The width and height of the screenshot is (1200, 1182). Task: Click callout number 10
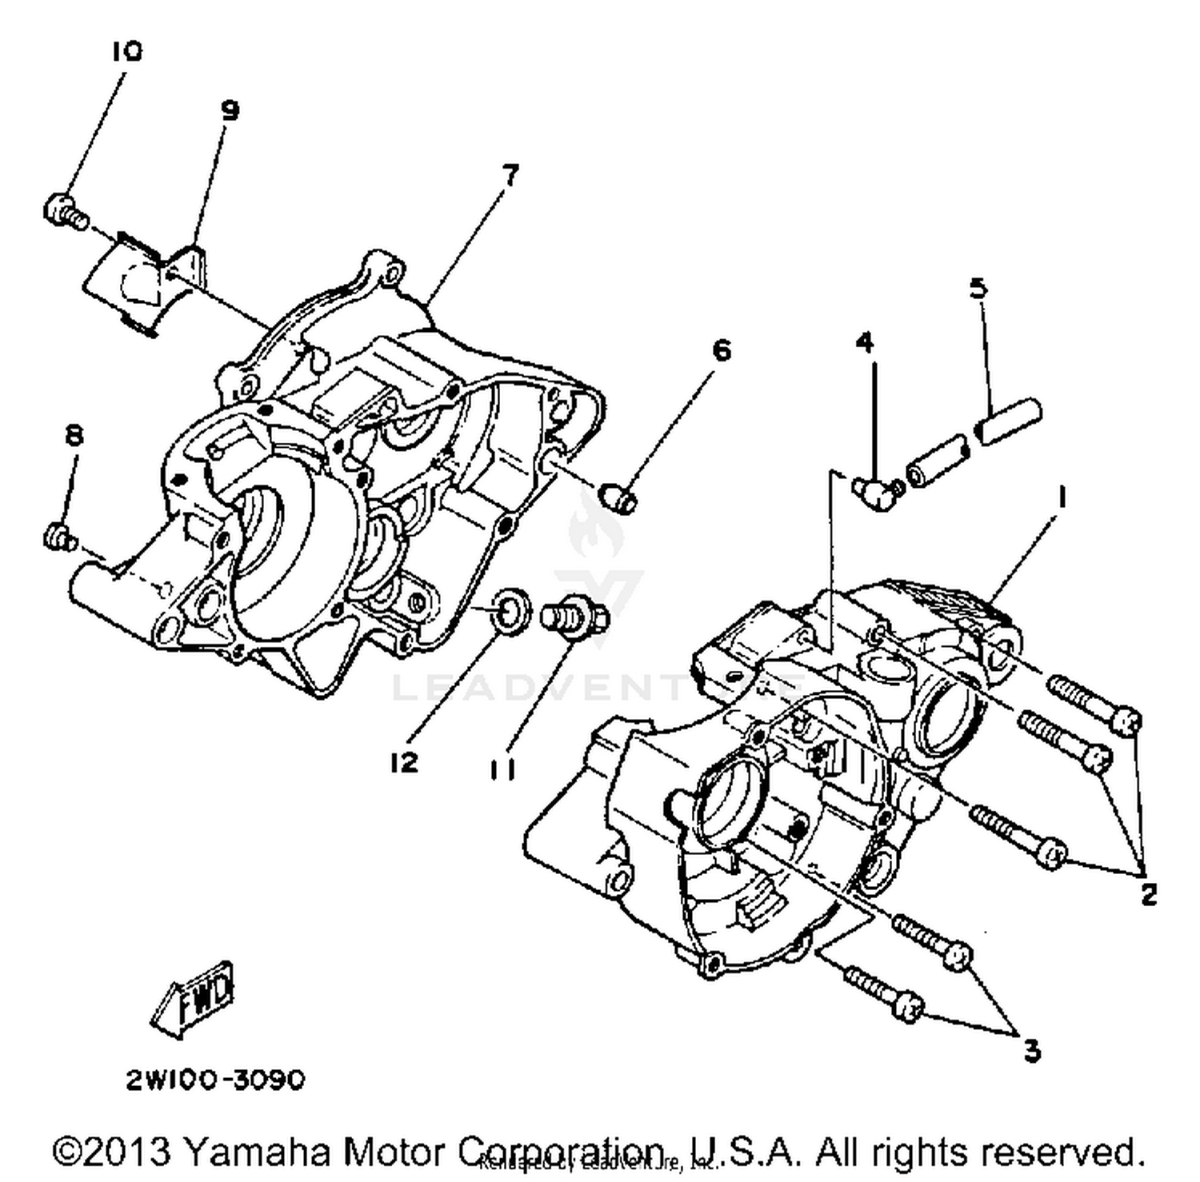[x=126, y=52]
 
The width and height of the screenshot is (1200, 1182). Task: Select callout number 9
[x=230, y=110]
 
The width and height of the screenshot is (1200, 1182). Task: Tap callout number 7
[x=510, y=174]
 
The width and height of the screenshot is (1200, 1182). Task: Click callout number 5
[x=978, y=287]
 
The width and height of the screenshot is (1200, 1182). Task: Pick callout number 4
[x=864, y=342]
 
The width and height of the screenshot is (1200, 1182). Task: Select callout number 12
[x=405, y=762]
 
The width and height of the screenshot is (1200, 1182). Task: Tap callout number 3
[x=1032, y=1050]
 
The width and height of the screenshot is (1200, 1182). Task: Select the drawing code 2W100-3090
[x=215, y=1080]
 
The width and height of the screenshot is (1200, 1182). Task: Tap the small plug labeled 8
[x=58, y=537]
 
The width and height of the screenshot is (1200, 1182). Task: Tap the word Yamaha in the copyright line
[x=256, y=1152]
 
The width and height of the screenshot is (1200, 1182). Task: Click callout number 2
[x=1149, y=894]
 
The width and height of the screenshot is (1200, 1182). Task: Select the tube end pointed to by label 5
[x=1010, y=421]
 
